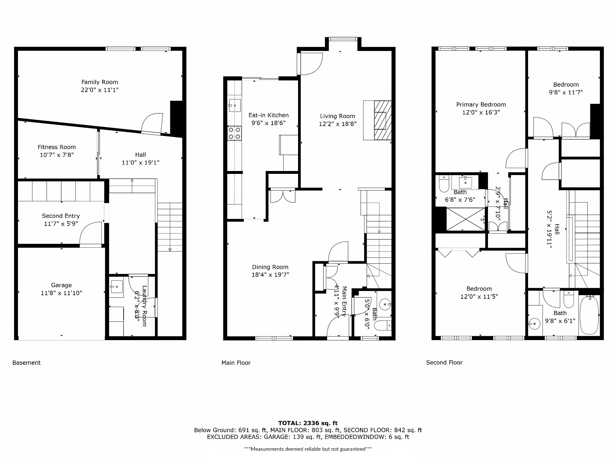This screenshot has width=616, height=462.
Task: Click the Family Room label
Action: pos(99,82)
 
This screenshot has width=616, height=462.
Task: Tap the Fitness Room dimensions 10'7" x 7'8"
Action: pos(56,155)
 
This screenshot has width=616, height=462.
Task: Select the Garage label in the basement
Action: pos(61,285)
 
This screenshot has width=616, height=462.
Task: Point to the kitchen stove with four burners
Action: pos(235,133)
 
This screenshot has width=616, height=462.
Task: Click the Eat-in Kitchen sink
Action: pos(235,105)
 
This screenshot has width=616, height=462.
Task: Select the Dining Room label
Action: pos(270,267)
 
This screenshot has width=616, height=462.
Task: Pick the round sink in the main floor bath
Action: pos(384,303)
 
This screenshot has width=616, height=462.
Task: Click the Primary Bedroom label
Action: pos(481,105)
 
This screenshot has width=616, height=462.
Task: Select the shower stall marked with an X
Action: pos(466,219)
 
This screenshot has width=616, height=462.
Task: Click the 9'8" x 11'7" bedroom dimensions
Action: pos(566,92)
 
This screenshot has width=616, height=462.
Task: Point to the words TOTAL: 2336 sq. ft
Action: pos(308,423)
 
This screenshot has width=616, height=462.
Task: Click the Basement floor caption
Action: pos(26,363)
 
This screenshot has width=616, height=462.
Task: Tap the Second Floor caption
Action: pos(444,363)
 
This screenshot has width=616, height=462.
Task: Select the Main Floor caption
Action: pos(236,363)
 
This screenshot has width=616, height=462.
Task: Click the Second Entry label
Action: pos(61,216)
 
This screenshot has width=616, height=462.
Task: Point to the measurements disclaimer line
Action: pos(308,449)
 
